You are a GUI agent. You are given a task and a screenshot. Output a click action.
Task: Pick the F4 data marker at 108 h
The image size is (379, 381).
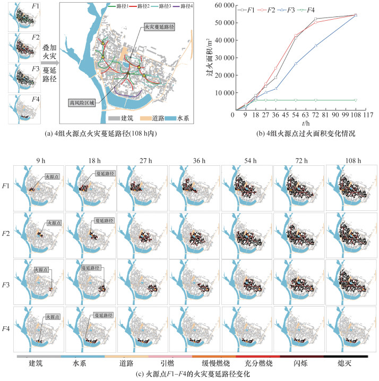tap(355, 100)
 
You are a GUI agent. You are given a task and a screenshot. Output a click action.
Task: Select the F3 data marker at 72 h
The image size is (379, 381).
tap(316, 46)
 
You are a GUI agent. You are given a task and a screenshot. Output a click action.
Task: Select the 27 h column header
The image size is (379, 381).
tap(141, 160)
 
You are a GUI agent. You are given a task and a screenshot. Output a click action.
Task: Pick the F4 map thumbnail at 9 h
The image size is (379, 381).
tap(39, 329)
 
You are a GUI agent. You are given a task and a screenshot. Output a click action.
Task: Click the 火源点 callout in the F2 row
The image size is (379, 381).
tap(54, 222)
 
